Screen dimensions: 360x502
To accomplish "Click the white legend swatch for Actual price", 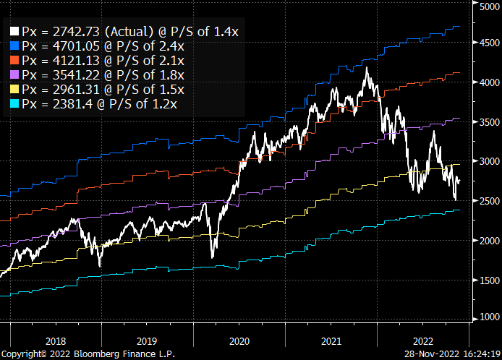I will click(14, 33).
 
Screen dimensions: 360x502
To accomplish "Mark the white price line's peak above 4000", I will click(367, 67).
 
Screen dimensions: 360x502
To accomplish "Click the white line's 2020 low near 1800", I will click(212, 257).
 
